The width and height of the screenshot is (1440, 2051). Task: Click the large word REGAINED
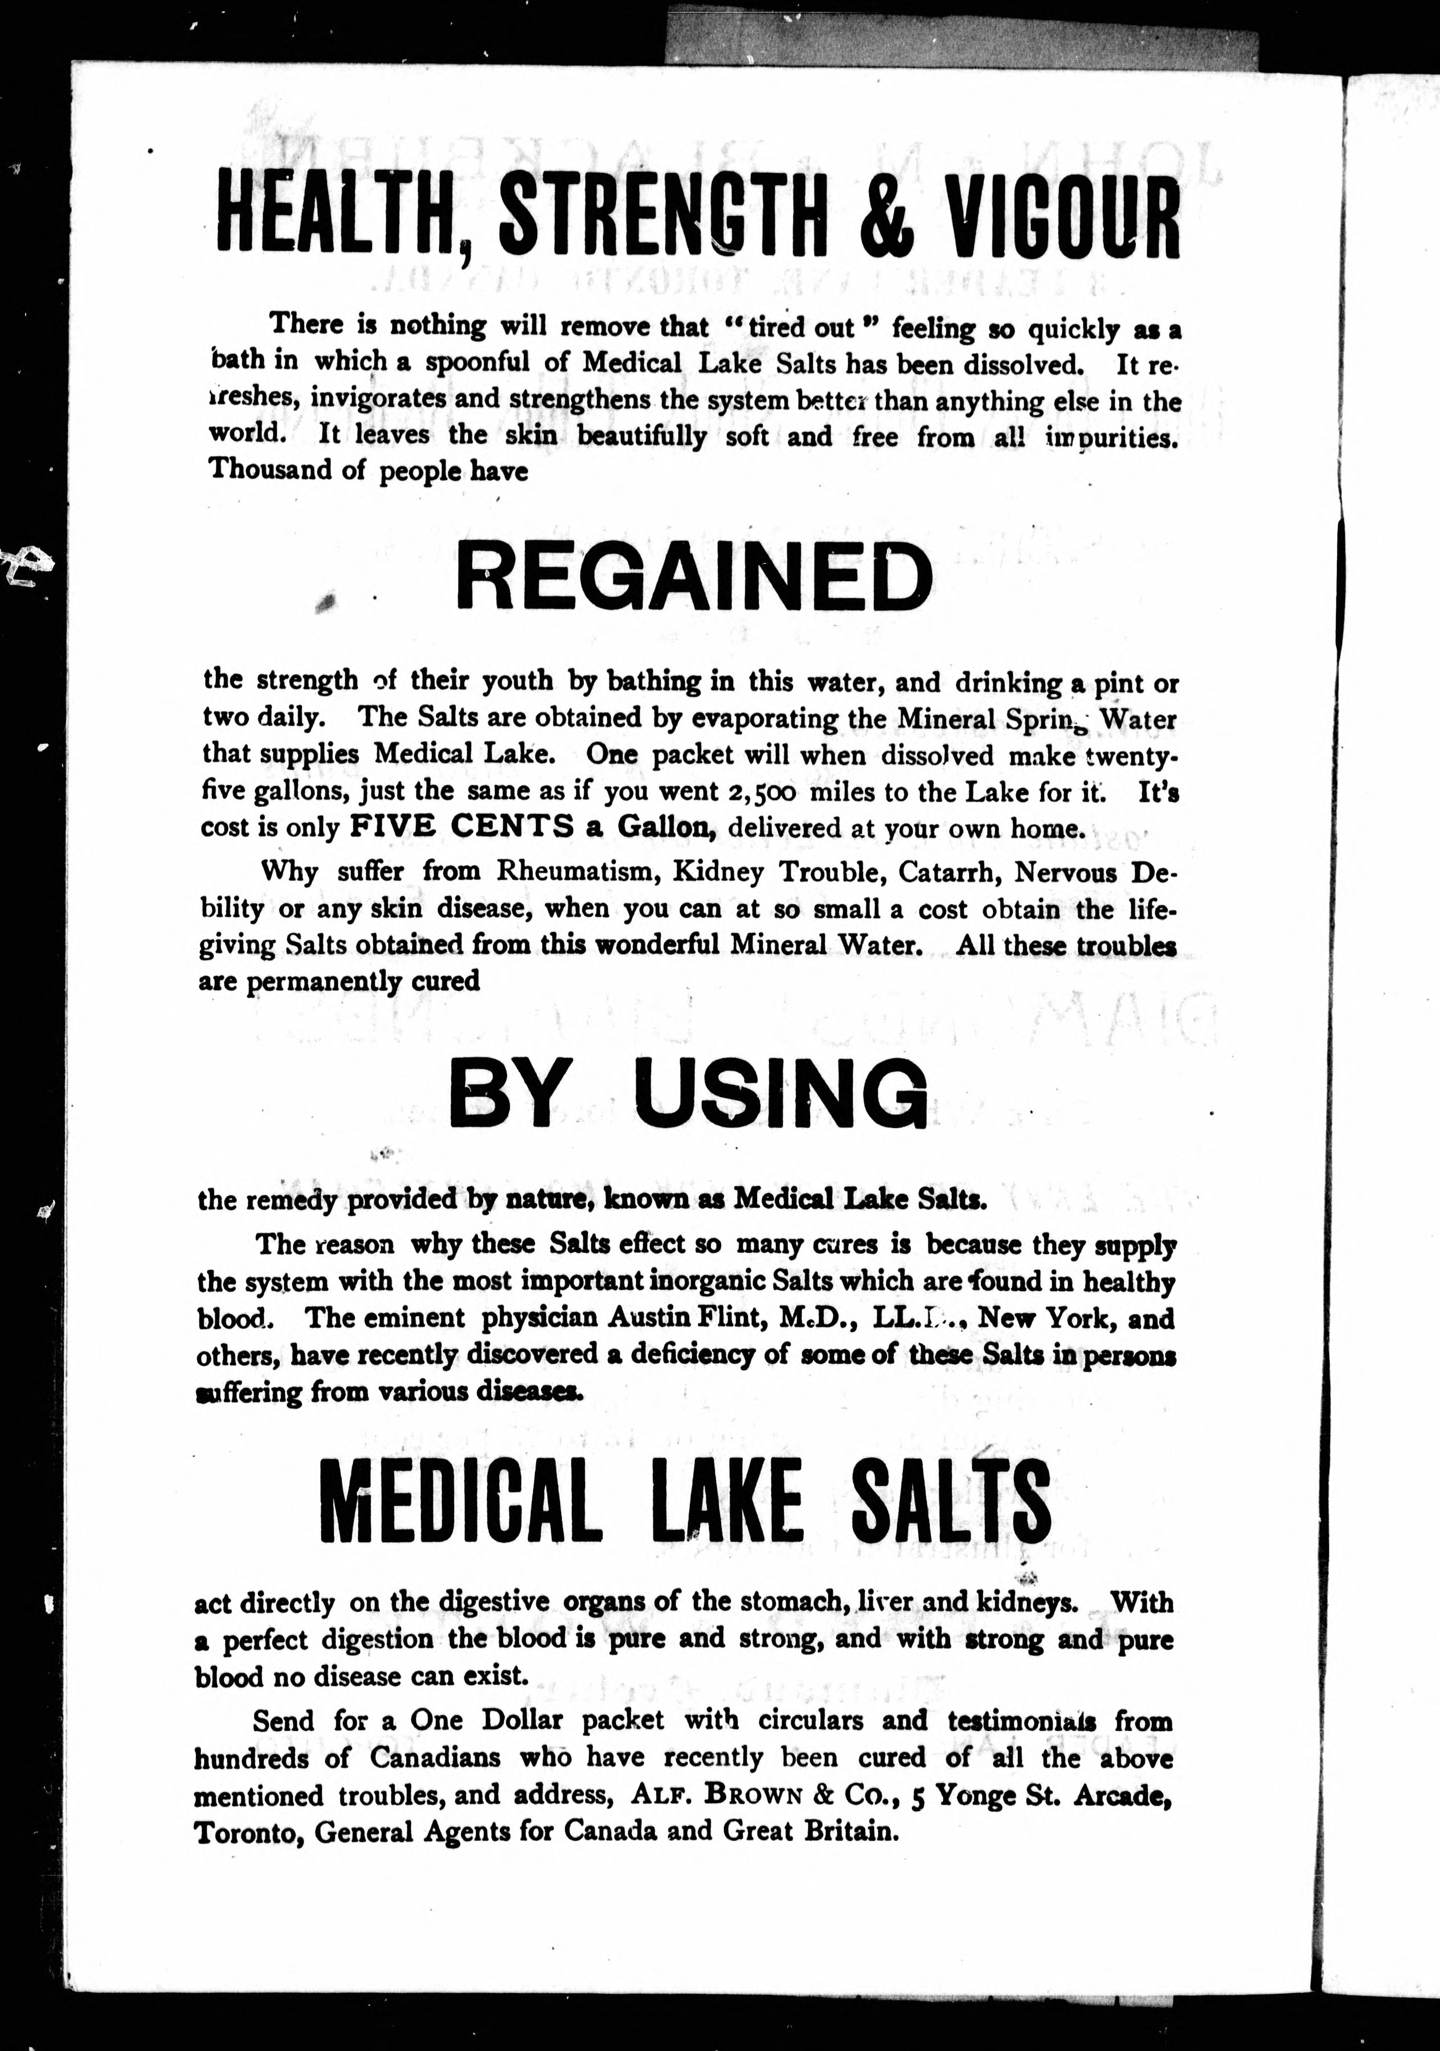[x=694, y=576]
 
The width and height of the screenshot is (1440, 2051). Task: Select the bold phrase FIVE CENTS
[x=462, y=827]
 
